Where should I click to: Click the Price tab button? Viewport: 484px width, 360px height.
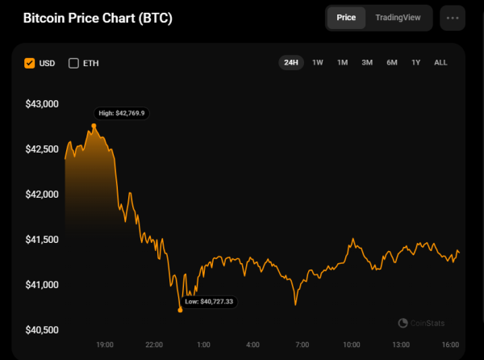347,18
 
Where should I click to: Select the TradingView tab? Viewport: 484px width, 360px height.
398,18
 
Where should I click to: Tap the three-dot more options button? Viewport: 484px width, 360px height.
453,18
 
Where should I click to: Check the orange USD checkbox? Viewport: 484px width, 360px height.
30,63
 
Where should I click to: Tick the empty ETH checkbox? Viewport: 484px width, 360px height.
74,63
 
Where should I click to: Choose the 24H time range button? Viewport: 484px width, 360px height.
290,62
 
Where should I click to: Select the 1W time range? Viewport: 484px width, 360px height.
318,62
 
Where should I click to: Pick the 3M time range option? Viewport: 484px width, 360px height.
367,62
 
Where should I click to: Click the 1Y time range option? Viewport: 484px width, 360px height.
416,62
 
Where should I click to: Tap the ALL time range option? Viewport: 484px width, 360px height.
440,62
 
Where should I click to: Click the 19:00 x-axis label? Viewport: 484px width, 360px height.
105,345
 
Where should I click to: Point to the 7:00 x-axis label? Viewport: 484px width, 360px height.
302,345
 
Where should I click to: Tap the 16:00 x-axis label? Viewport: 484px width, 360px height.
450,345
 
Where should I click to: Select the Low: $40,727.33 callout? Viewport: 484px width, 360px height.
209,301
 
